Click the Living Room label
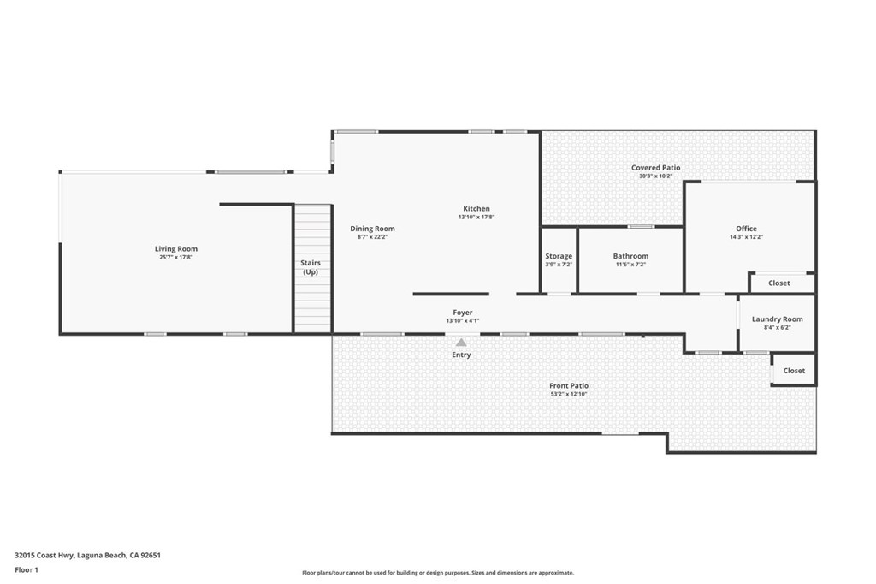(176, 249)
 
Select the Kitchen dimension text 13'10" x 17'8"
(476, 218)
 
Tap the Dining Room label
(372, 229)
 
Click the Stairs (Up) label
(310, 267)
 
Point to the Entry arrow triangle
(461, 343)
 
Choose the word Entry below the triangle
(461, 355)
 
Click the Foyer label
(462, 313)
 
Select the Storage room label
(559, 256)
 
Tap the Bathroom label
(630, 256)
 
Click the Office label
(746, 229)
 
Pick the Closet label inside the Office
(778, 283)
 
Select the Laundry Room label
(777, 319)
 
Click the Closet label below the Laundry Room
(794, 371)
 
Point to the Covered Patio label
(656, 168)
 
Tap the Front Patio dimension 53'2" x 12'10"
(569, 395)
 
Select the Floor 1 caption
(28, 569)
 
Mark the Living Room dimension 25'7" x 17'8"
(176, 258)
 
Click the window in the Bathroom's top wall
(641, 226)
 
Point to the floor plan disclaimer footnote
(437, 573)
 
